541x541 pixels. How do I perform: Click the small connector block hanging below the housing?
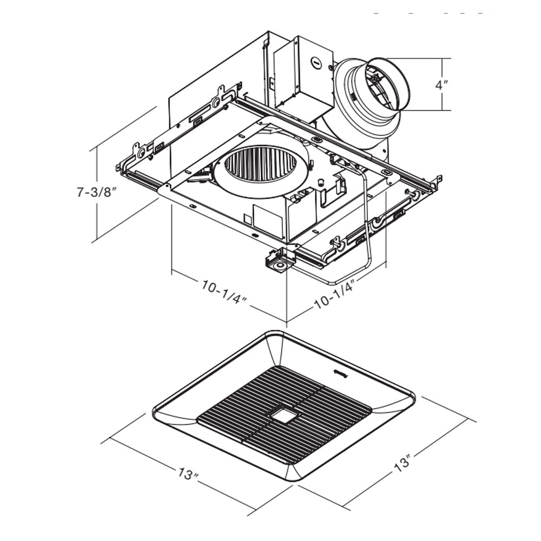[x=279, y=261]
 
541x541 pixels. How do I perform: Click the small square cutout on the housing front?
[x=247, y=219]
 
